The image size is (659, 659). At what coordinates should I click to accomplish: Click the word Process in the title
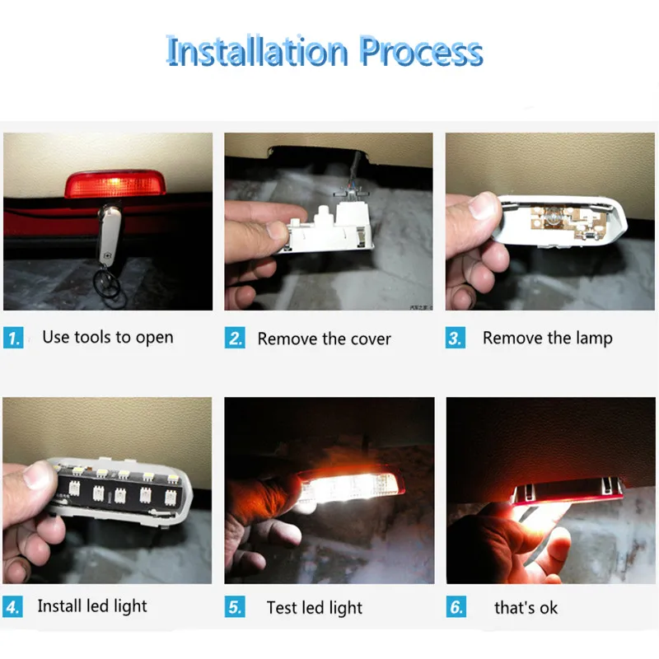(420, 51)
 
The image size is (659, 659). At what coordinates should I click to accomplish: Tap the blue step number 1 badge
(13, 338)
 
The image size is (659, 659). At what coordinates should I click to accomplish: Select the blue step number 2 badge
(236, 338)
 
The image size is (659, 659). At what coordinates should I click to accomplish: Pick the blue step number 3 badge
(456, 338)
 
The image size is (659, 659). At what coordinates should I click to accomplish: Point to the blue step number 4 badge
(13, 608)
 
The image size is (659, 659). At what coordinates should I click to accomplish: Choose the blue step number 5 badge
(236, 608)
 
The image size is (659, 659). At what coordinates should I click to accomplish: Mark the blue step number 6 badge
(456, 608)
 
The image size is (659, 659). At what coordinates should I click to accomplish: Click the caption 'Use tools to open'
(108, 337)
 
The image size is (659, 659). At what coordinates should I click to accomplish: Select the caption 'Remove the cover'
(324, 339)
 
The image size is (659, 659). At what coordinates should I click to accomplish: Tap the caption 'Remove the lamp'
(547, 338)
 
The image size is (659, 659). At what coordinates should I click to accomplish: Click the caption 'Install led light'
(92, 606)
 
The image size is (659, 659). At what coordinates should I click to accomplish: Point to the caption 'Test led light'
(314, 608)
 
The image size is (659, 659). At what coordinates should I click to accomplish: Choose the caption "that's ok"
(526, 608)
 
